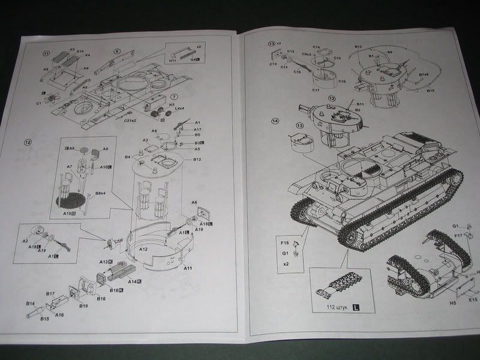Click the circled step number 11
46,53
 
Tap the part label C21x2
132,120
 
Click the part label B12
197,160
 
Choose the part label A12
143,248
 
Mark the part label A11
188,267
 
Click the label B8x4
101,193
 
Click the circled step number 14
275,121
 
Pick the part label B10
430,91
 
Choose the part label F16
285,244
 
